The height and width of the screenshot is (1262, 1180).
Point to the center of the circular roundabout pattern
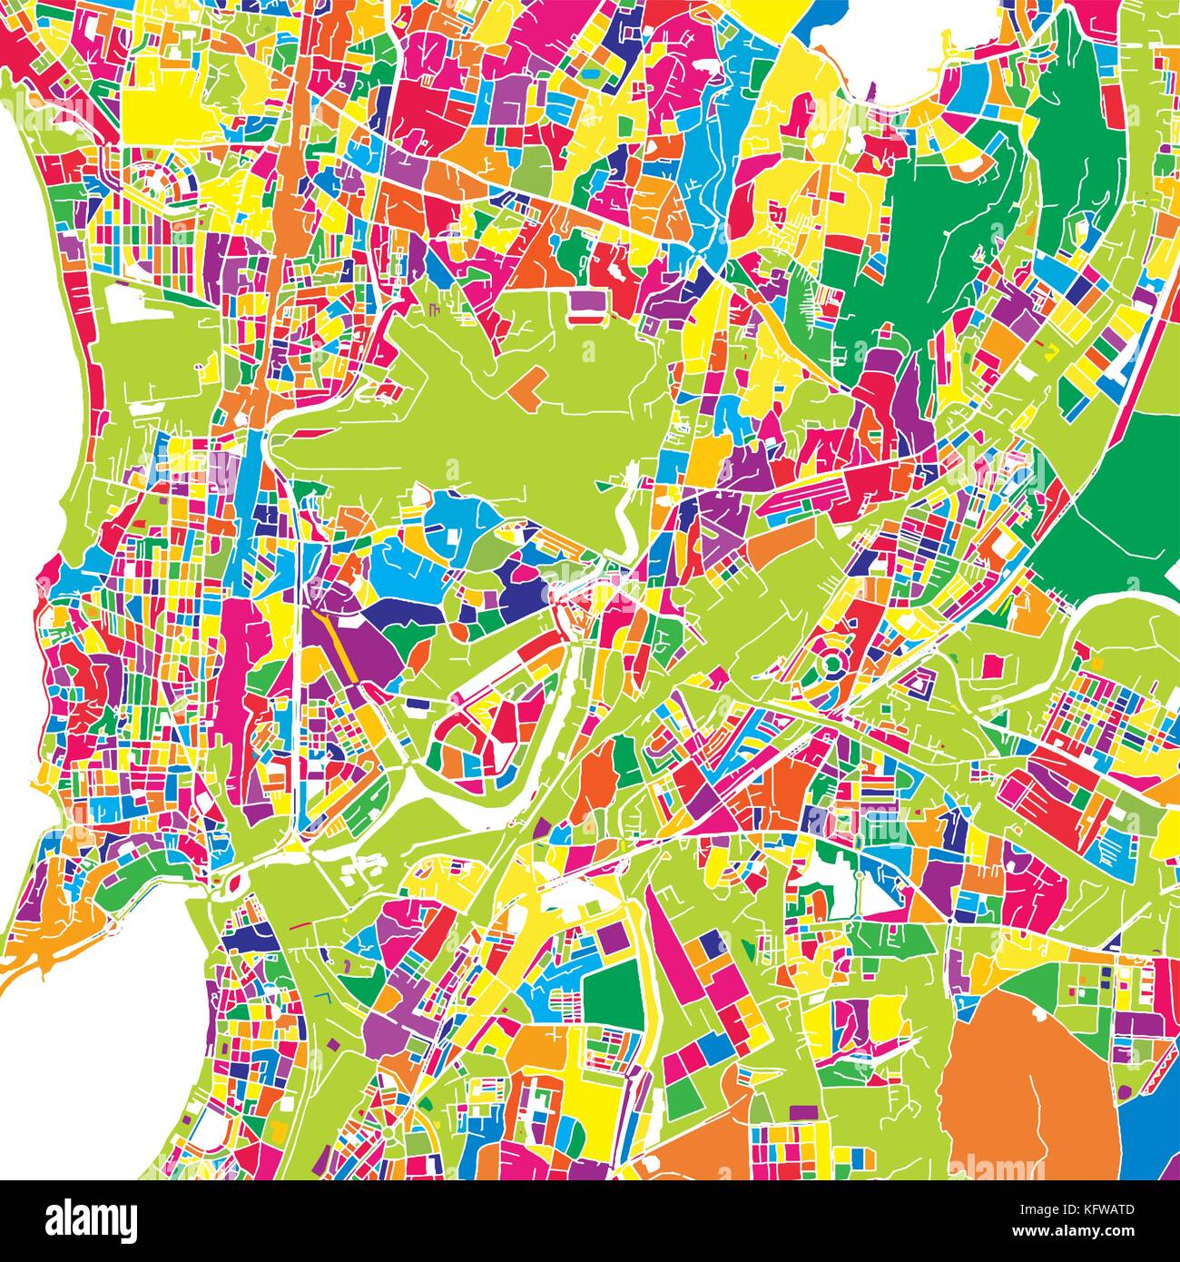tap(831, 668)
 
